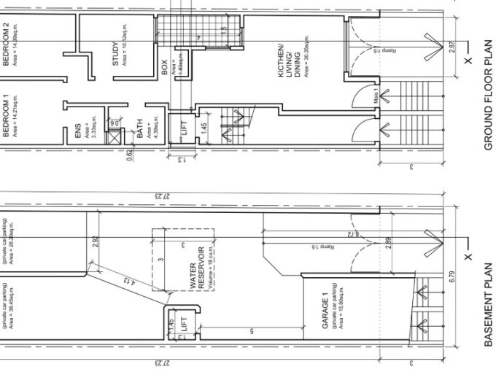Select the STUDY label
(116, 53)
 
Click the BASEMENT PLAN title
(489, 314)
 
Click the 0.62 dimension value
(129, 154)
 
